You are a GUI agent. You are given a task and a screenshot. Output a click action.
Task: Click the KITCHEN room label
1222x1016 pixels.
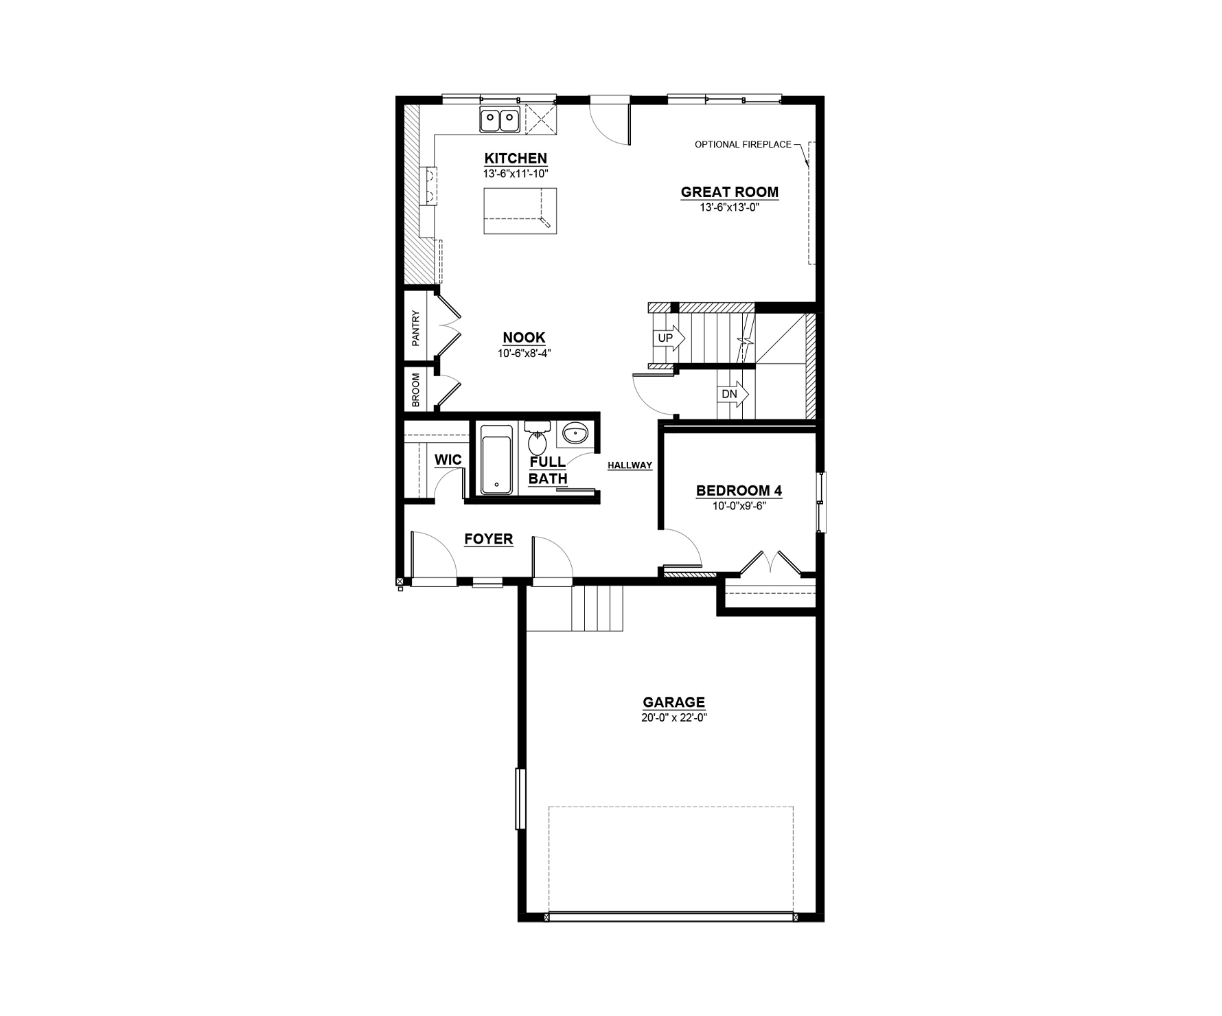click(x=516, y=159)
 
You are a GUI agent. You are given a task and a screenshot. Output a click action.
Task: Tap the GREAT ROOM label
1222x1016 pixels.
click(x=730, y=192)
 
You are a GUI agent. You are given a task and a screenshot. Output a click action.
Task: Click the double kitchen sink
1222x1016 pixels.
click(x=499, y=121)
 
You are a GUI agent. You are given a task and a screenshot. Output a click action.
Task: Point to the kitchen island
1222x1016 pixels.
click(x=520, y=211)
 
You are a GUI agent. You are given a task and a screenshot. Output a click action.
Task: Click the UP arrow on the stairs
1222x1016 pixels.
click(x=669, y=338)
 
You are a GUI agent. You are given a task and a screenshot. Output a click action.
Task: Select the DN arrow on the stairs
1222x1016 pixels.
click(x=733, y=395)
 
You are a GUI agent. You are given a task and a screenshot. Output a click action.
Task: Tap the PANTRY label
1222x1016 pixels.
click(x=416, y=328)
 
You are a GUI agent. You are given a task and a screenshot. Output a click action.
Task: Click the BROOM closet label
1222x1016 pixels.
click(x=416, y=391)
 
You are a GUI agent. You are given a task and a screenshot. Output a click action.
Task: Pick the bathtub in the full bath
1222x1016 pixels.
click(x=496, y=459)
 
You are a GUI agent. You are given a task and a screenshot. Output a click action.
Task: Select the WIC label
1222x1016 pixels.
click(x=448, y=460)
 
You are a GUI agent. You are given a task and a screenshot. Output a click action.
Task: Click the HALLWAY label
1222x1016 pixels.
click(x=630, y=465)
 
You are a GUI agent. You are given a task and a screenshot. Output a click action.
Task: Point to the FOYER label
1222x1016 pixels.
click(x=489, y=540)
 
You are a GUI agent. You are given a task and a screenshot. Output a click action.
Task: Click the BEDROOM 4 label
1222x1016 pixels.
click(x=739, y=491)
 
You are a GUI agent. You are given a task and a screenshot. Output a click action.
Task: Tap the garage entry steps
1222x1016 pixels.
click(x=597, y=608)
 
